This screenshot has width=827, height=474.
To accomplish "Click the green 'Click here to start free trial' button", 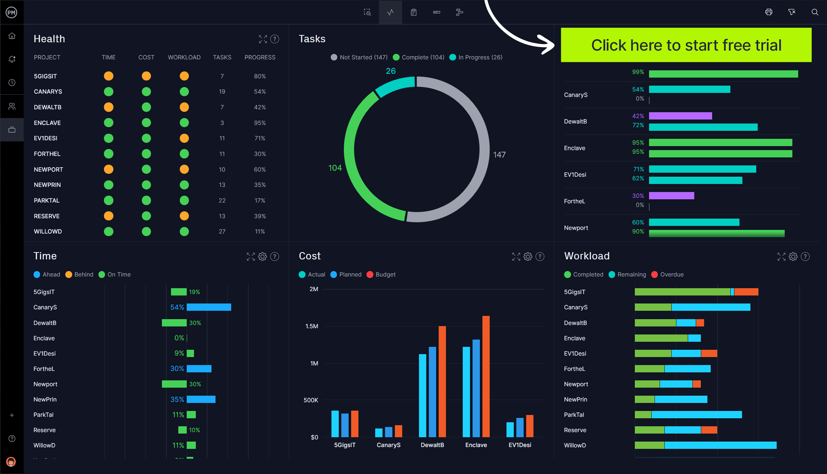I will pyautogui.click(x=686, y=45).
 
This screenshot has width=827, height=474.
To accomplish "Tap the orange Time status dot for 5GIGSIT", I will pyautogui.click(x=109, y=76).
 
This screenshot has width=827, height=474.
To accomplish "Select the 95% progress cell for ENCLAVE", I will pyautogui.click(x=260, y=123).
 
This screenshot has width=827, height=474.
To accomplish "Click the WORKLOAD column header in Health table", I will pyautogui.click(x=184, y=57).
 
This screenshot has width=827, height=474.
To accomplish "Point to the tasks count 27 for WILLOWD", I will pyautogui.click(x=222, y=231).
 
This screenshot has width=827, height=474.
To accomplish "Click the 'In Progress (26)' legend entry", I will pyautogui.click(x=476, y=57).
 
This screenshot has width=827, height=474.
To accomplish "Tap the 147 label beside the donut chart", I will pyautogui.click(x=499, y=155).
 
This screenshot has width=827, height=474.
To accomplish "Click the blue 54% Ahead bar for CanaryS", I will pyautogui.click(x=209, y=307).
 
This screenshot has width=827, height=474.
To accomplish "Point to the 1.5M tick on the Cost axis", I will pyautogui.click(x=312, y=326).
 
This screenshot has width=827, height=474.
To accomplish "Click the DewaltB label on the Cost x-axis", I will pyautogui.click(x=432, y=445).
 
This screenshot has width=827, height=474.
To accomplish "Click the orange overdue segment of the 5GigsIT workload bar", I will pyautogui.click(x=746, y=292).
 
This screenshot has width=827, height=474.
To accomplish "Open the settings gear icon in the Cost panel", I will pyautogui.click(x=528, y=256).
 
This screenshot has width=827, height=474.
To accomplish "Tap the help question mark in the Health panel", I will pyautogui.click(x=275, y=39).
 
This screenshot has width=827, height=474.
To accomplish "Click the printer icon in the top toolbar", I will pyautogui.click(x=769, y=12).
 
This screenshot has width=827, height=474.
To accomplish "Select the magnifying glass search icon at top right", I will pyautogui.click(x=815, y=12).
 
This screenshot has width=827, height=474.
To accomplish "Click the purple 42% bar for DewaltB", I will pyautogui.click(x=680, y=116).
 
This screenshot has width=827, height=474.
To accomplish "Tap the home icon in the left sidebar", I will pyautogui.click(x=12, y=36).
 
